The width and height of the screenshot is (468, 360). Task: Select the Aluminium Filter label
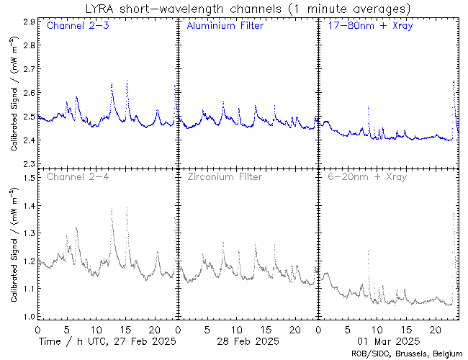pyautogui.click(x=225, y=27)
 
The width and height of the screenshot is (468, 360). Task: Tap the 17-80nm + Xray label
pyautogui.click(x=367, y=27)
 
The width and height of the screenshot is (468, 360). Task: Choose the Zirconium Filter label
pyautogui.click(x=224, y=176)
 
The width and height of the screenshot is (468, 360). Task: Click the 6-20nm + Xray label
pyautogui.click(x=367, y=176)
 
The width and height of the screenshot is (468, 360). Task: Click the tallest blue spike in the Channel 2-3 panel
pyautogui.click(x=127, y=81)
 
